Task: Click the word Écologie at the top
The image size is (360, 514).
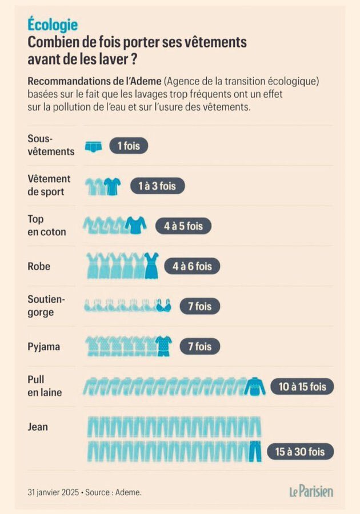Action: [x=53, y=25]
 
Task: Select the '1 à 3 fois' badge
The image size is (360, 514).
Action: [x=157, y=186]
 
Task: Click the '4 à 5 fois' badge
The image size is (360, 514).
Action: [x=183, y=226]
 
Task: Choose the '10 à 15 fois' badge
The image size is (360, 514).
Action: [x=302, y=387]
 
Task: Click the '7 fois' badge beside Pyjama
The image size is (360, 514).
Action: [x=199, y=346]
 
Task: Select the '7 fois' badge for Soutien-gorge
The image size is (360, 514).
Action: [x=199, y=306]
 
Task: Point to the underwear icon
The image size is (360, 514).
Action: [x=94, y=146]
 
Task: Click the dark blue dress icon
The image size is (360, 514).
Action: [x=151, y=266]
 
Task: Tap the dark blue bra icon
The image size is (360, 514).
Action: [x=164, y=307]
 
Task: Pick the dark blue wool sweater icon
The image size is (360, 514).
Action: [x=255, y=387]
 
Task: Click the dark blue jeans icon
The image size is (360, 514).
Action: [x=255, y=451]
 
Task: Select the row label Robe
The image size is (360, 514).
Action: [x=39, y=266]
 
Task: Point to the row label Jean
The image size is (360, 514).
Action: [x=38, y=427]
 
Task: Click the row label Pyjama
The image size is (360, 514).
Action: [x=43, y=346]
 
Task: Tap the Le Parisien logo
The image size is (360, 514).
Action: [x=310, y=491]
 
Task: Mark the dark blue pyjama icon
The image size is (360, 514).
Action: [x=163, y=346]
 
